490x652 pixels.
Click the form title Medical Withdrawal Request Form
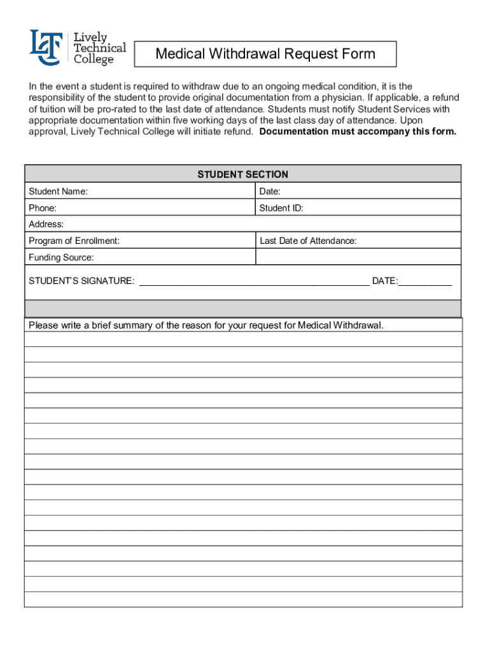(x=265, y=54)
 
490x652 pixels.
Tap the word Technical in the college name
(x=99, y=48)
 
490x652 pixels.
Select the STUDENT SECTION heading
(x=242, y=174)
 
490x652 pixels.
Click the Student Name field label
(x=58, y=192)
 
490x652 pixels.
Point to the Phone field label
(x=43, y=208)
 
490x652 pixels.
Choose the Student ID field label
(x=281, y=208)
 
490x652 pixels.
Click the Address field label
(x=46, y=224)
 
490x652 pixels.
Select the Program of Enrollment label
(x=74, y=241)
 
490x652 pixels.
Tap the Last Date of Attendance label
(x=307, y=241)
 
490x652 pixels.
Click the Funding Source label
(x=61, y=257)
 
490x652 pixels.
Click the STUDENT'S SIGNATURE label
(x=81, y=281)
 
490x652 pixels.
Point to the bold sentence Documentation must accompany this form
(x=358, y=132)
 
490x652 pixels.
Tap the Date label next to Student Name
(x=270, y=192)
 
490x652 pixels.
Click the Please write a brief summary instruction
(x=206, y=325)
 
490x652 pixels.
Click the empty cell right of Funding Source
(x=358, y=257)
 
